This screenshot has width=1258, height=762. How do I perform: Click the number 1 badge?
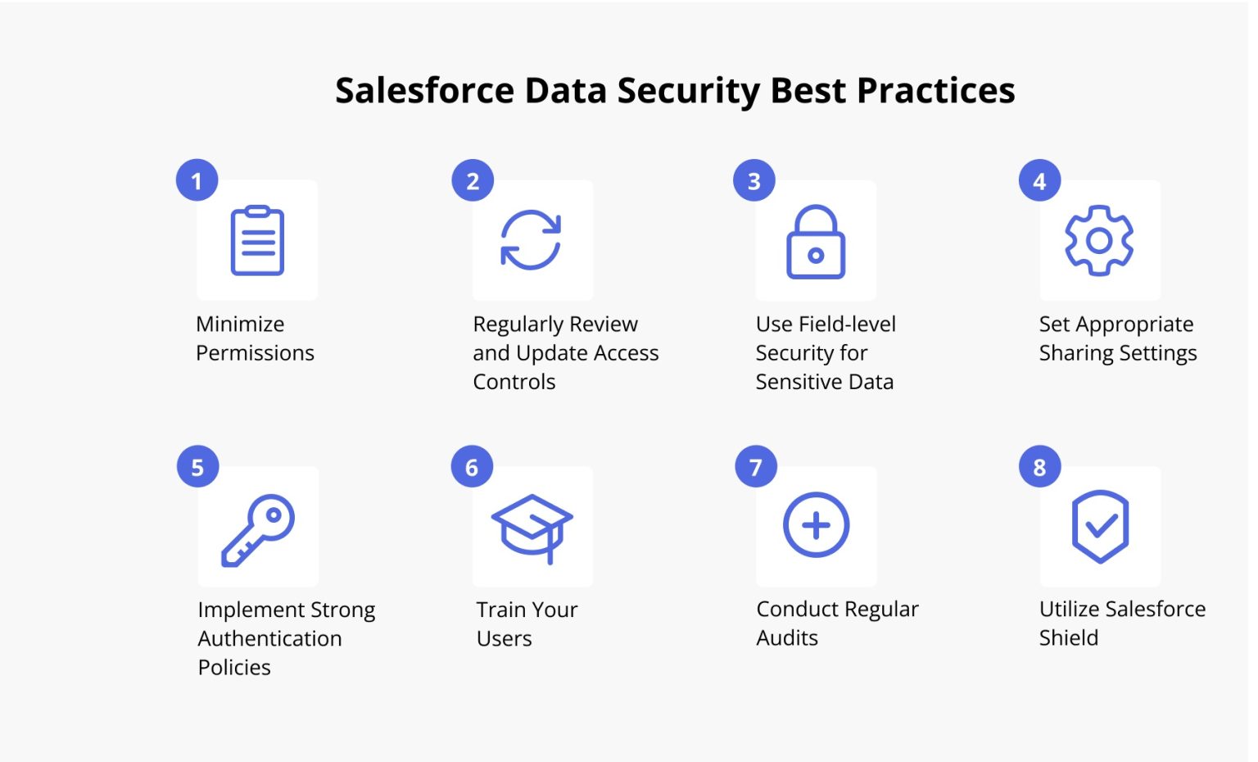coord(197,180)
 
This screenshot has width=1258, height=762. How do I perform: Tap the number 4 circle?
coord(1039,180)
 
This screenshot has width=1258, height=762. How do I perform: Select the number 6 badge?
coord(472,467)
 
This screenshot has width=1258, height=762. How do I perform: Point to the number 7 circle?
coord(756,467)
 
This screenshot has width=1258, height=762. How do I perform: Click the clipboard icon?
coord(257,240)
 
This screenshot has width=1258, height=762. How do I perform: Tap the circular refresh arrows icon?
coord(531,240)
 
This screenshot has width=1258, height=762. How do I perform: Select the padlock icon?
coord(816,243)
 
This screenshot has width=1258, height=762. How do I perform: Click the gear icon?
coord(1099,240)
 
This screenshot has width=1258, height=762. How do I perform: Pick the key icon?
coord(258,529)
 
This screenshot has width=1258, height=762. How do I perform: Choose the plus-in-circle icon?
coord(816,525)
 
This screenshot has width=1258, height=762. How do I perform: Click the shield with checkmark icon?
coord(1100,526)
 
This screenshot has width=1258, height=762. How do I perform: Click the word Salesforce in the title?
coord(424,90)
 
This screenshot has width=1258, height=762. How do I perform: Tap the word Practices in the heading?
coord(935,90)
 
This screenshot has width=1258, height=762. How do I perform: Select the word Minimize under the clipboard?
coord(240,324)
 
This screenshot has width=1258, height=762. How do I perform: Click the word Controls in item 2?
coord(514,382)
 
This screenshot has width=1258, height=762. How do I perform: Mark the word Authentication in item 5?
coord(269,638)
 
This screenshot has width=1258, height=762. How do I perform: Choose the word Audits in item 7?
coord(787,637)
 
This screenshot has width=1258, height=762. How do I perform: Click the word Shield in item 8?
coord(1068,637)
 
